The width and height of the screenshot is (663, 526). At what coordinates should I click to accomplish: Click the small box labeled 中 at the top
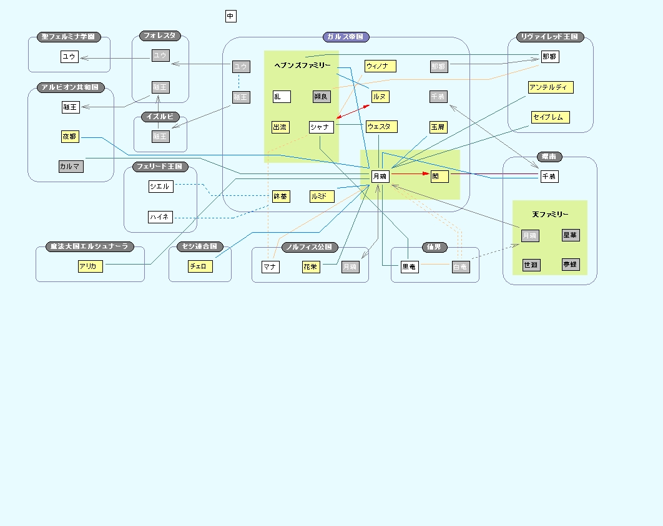point(231,16)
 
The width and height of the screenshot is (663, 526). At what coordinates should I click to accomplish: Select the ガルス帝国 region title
point(346,37)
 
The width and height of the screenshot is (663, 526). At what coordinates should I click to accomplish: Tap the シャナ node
point(322,127)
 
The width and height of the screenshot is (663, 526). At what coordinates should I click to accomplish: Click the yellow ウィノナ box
point(380,66)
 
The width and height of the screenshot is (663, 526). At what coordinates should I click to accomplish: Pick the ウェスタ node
point(381,127)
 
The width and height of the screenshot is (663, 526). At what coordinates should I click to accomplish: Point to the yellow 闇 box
point(440,177)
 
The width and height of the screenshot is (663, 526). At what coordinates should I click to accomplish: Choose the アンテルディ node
point(550,87)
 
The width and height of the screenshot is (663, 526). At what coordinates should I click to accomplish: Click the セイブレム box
point(551,117)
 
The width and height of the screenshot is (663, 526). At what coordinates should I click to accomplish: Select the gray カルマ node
point(71,167)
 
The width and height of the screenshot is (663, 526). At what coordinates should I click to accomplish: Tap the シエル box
point(160,187)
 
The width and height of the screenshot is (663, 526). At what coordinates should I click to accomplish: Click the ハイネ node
point(160,217)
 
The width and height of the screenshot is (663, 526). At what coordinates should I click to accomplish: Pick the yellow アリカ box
point(88,266)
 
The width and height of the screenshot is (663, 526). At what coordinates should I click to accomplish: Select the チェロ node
point(200,266)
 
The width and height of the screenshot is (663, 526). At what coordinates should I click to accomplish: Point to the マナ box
point(270,267)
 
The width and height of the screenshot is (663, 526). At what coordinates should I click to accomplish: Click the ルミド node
point(322,197)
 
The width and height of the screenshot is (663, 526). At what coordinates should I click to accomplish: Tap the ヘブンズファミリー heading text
point(302,66)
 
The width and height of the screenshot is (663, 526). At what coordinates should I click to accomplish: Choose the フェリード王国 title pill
point(160,167)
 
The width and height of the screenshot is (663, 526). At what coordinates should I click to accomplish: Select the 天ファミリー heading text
point(550,215)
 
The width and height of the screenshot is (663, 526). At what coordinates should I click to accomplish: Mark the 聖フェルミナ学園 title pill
point(69,37)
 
